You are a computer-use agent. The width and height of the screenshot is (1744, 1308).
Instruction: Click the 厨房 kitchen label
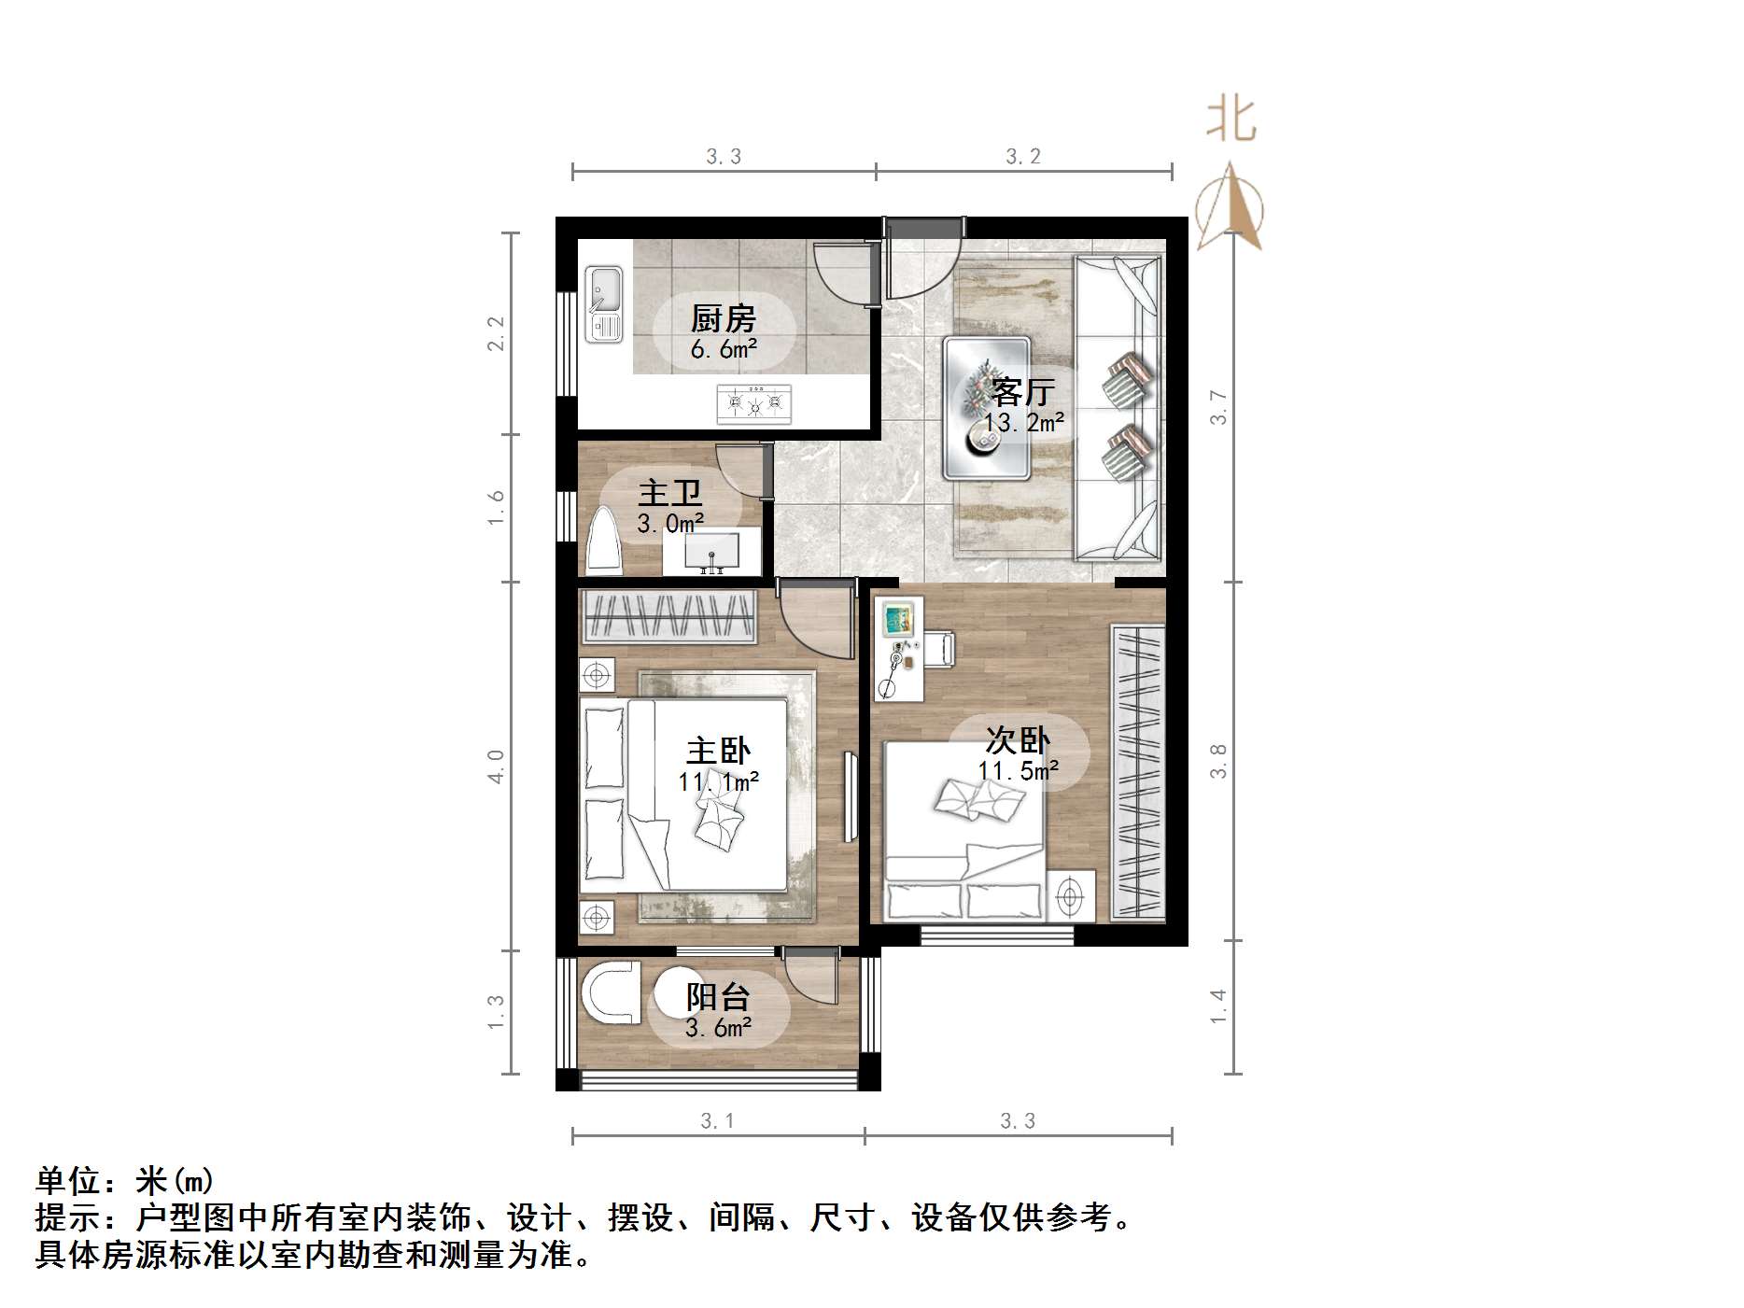pyautogui.click(x=723, y=319)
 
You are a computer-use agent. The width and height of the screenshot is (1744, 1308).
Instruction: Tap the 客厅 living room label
pyautogui.click(x=1023, y=391)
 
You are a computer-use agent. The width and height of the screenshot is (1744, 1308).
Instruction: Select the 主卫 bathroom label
pyautogui.click(x=669, y=493)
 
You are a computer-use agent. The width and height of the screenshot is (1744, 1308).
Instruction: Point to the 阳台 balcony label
pyautogui.click(x=717, y=997)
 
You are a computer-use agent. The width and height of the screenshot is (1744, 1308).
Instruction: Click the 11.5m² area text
pyautogui.click(x=1018, y=771)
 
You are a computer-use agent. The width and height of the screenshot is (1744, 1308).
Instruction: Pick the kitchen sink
pyautogui.click(x=604, y=304)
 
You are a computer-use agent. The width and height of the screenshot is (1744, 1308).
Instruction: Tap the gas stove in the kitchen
pyautogui.click(x=753, y=403)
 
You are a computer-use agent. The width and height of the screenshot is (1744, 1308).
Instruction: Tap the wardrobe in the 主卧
pyautogui.click(x=668, y=617)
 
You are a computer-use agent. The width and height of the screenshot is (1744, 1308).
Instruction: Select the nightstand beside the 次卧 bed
pyautogui.click(x=1070, y=896)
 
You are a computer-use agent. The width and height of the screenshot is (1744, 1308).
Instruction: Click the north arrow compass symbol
pyautogui.click(x=1231, y=207)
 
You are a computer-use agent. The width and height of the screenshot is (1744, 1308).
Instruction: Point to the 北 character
pyautogui.click(x=1231, y=120)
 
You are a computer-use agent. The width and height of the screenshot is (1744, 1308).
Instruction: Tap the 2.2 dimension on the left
pyautogui.click(x=496, y=333)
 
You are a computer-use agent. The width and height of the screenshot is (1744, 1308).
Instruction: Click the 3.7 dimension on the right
pyautogui.click(x=1218, y=407)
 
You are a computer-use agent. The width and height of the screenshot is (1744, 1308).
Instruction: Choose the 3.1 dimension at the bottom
pyautogui.click(x=717, y=1120)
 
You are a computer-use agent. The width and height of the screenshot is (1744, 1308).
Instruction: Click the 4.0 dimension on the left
pyautogui.click(x=496, y=767)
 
